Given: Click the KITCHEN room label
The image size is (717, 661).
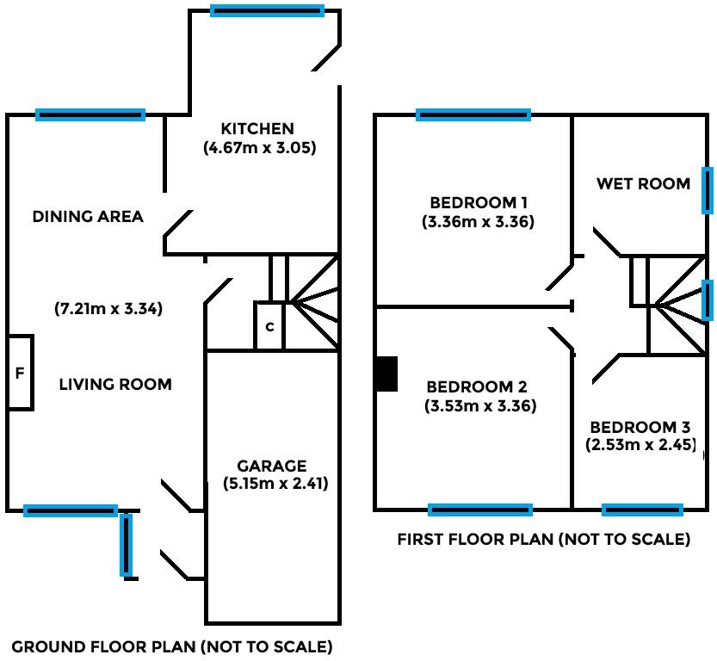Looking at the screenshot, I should tap(257, 129).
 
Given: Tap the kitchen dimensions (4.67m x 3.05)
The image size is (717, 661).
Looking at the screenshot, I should tap(260, 147).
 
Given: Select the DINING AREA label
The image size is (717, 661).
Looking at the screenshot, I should tap(88, 216).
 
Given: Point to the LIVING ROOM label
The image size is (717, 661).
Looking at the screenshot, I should tap(115, 384).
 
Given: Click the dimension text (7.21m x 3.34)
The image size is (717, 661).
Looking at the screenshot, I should tap(108, 307).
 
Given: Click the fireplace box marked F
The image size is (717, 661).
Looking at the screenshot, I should tap(20, 373).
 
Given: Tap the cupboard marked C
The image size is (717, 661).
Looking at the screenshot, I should tap(269, 326).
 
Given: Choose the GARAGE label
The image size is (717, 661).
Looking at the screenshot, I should tap(271, 466).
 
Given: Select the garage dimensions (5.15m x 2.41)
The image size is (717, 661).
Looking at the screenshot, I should tap(275, 484).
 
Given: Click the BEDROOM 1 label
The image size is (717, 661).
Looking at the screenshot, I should tap(479, 203).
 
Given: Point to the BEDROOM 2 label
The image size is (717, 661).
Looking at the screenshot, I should tap(480, 386).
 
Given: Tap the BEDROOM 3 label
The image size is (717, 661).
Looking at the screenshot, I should tap(640, 427).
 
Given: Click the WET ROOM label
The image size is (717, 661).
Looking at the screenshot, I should tap(643, 183).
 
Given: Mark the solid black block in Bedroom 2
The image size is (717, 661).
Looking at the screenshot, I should tap(386, 374).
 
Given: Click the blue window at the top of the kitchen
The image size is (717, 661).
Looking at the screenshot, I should tap(267, 11).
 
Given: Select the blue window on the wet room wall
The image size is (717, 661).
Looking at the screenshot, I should tap(708, 190).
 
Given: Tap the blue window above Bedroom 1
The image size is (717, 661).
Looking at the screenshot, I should tap(473, 114).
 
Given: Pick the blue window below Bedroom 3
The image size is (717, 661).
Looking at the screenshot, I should tap(642, 510).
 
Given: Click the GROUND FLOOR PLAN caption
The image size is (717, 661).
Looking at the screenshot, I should tap(171, 646).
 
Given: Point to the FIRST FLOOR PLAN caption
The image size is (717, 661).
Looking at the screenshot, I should tap(543, 540).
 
